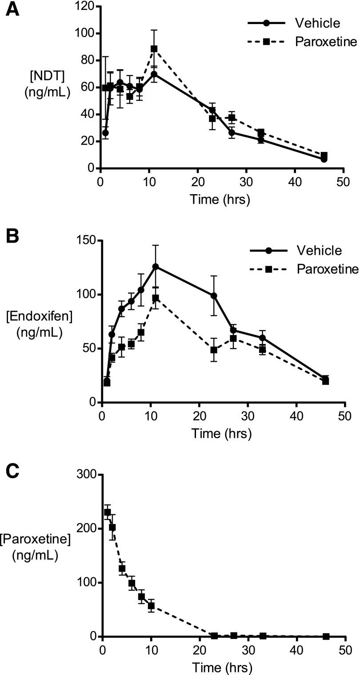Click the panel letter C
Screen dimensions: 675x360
click(x=12, y=471)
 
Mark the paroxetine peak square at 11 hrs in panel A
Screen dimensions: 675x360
click(x=154, y=49)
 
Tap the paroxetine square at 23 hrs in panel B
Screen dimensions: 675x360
click(x=214, y=350)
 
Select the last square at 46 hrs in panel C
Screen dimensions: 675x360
click(x=326, y=636)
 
